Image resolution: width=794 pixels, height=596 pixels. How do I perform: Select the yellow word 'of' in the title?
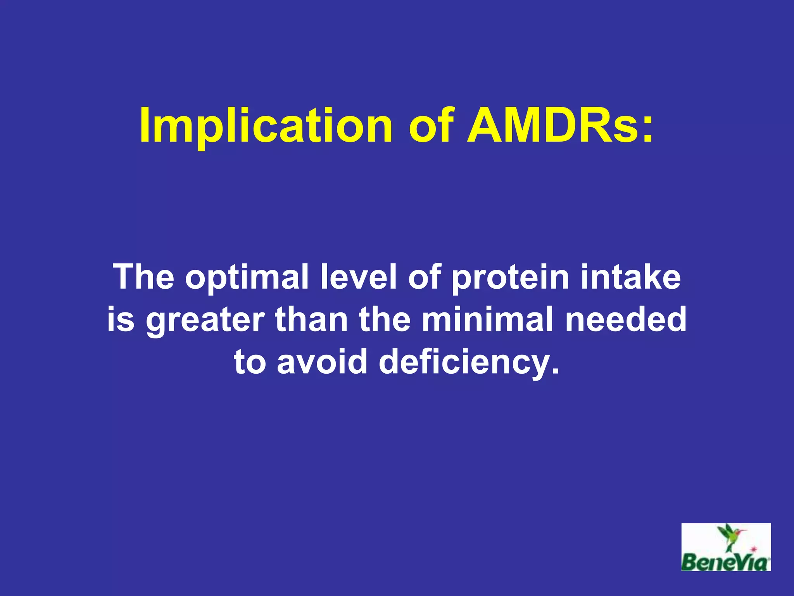[431, 125]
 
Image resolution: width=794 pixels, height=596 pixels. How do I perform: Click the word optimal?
[247, 277]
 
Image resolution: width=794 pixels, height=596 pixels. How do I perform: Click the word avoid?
[322, 362]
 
